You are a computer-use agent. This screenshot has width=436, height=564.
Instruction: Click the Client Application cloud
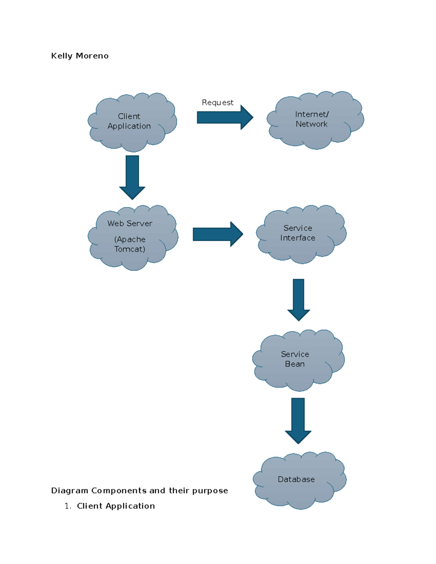coord(132,122)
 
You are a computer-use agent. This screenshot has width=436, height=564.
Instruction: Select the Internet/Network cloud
coord(315,120)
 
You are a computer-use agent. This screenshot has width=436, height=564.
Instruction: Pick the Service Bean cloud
coord(298,359)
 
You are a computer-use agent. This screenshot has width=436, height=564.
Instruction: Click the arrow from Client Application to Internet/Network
coord(224,117)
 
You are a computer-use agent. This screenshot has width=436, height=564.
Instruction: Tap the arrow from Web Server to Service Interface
coord(217,234)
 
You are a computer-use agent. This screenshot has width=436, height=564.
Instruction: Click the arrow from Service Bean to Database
coord(298,420)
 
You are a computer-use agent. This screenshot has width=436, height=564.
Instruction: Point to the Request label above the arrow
coord(217,102)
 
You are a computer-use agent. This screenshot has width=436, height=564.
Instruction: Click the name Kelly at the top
coord(62,56)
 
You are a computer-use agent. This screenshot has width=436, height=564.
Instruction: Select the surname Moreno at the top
coord(92,56)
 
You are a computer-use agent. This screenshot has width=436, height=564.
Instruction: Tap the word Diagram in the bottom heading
coord(69,491)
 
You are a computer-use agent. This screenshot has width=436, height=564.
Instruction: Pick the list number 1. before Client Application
coord(68,506)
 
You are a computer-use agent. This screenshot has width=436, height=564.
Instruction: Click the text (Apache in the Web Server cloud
coord(130,239)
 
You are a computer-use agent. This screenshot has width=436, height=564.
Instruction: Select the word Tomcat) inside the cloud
coord(130,249)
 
